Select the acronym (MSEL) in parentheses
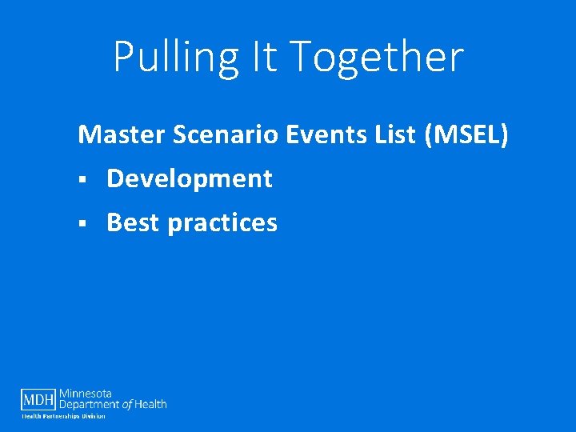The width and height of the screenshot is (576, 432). coord(468,134)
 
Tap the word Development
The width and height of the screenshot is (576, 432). coord(190,178)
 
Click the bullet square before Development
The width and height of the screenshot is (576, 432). coord(82,180)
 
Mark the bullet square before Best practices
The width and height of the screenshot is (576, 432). coord(82,224)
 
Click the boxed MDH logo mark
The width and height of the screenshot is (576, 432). coord(38,399)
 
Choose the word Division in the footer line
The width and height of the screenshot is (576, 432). coord(94,416)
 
